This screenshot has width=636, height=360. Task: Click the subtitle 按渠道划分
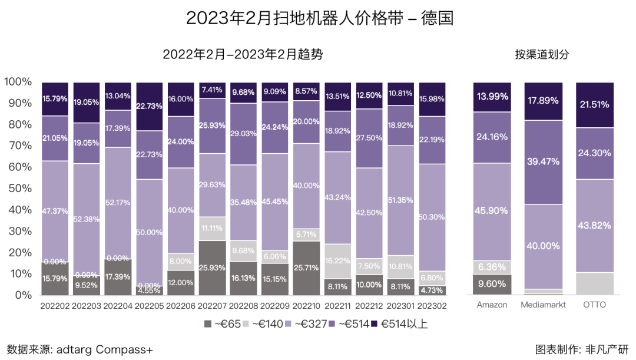pos(542,55)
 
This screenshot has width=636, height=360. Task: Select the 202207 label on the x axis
pos(212,305)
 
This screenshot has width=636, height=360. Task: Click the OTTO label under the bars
pos(594,305)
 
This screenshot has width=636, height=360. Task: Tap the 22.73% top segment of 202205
pos(149,106)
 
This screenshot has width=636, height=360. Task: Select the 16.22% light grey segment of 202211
pos(338,260)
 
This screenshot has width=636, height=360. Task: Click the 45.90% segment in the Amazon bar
pos(492,211)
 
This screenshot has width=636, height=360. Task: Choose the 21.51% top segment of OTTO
pos(594,105)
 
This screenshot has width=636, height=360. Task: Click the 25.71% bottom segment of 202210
pos(306,267)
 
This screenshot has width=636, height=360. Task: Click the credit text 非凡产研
pos(607,349)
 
